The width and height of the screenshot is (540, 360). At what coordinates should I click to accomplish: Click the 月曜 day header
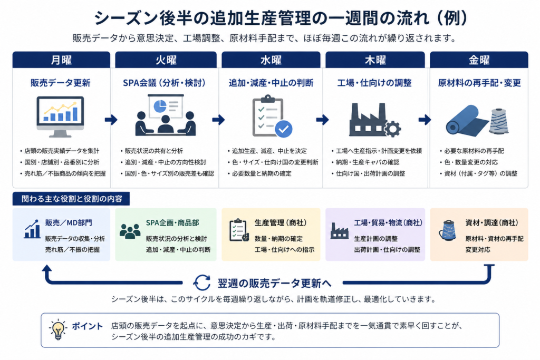[x=61, y=60]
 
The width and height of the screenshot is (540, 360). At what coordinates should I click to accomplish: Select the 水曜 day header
[x=271, y=60]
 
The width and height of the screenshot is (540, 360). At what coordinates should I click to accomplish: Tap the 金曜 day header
[x=479, y=60]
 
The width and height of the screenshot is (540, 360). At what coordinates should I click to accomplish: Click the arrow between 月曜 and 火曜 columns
[x=111, y=120]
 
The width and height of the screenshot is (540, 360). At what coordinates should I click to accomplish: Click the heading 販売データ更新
[x=60, y=83]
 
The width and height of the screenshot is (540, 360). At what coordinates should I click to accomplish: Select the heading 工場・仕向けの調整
[x=374, y=83]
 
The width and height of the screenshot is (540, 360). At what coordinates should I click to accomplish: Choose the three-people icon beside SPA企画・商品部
[x=130, y=231]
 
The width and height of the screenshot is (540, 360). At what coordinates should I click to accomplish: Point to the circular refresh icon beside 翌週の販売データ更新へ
[x=202, y=283]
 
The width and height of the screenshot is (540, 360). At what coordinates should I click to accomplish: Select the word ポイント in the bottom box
[x=88, y=326]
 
